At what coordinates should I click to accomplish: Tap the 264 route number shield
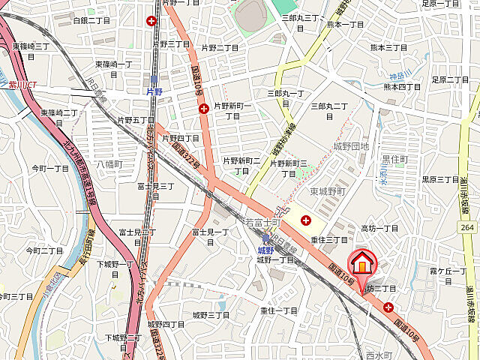(466, 226)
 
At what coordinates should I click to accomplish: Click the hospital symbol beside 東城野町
(306, 220)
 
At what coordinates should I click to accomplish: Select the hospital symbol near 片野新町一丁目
(204, 109)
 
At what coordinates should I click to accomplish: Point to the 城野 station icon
(265, 238)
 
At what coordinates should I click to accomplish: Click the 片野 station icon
(154, 79)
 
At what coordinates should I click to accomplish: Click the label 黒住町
(395, 159)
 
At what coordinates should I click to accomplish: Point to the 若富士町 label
(262, 223)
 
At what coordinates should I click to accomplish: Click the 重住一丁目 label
(280, 310)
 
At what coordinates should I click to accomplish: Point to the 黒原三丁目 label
(440, 179)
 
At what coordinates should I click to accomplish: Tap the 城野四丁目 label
(167, 324)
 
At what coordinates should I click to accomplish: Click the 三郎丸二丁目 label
(331, 106)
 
